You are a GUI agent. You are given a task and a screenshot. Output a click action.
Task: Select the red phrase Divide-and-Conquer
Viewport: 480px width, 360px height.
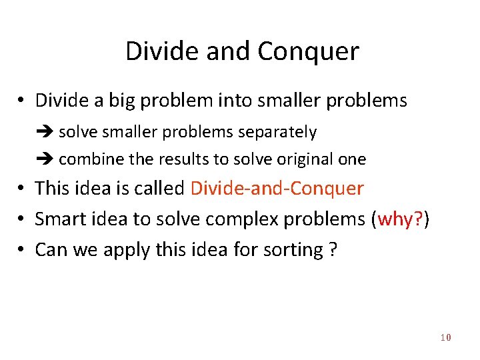click(x=277, y=189)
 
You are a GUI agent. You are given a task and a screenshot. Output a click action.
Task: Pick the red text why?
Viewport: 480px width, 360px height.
click(x=400, y=219)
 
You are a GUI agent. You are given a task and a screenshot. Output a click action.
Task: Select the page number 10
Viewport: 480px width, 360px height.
click(x=445, y=338)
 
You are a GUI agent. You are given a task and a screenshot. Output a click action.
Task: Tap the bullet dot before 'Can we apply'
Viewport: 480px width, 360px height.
click(x=22, y=250)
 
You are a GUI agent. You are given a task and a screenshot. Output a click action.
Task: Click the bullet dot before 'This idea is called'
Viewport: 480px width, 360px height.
click(x=22, y=189)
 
